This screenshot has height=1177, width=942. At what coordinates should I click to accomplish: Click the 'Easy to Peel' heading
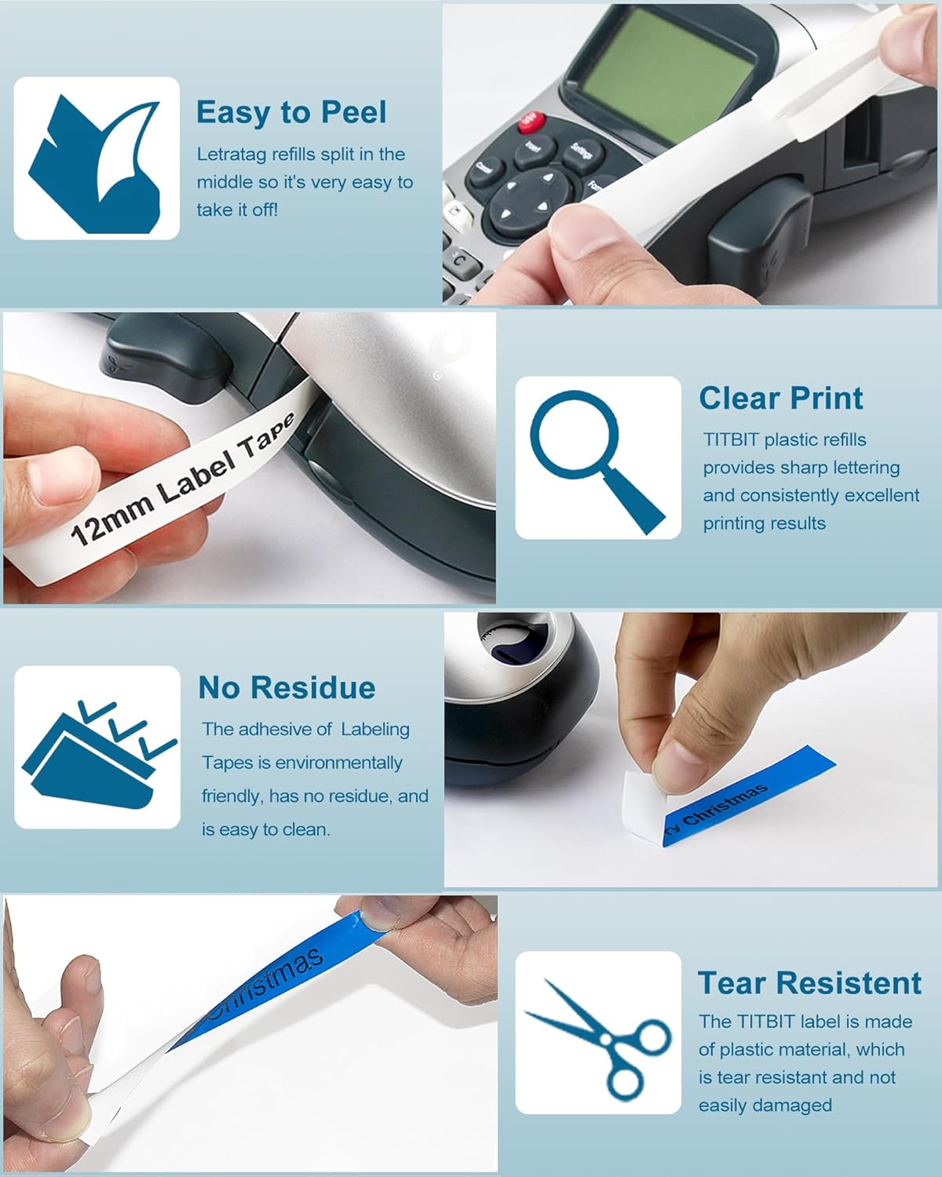click(290, 112)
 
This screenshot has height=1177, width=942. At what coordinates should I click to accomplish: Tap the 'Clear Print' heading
click(780, 398)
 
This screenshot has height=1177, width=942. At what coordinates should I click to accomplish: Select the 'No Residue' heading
click(287, 687)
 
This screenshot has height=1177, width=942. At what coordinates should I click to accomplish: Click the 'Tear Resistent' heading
click(809, 982)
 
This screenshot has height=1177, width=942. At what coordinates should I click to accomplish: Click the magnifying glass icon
click(597, 458)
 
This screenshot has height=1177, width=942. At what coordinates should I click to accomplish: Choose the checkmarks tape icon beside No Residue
click(97, 748)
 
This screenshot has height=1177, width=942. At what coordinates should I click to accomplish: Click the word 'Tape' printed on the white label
click(267, 440)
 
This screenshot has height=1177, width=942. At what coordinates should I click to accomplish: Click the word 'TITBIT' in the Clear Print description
click(731, 439)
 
